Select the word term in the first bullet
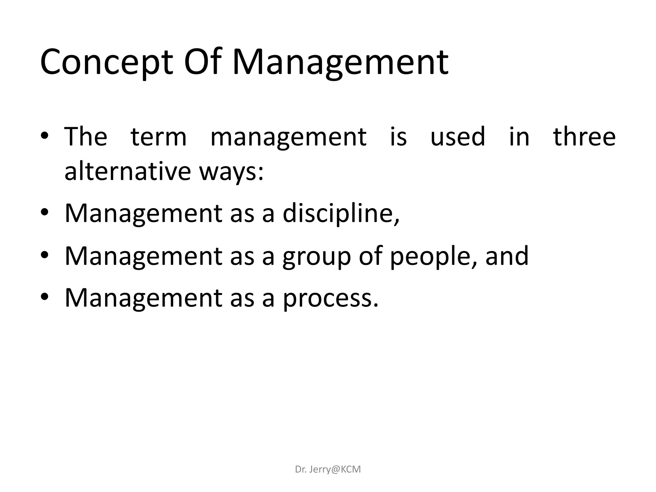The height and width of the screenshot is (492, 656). tap(159, 137)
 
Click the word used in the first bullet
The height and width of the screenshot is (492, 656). tap(457, 137)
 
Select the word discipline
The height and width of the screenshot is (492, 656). tap(340, 214)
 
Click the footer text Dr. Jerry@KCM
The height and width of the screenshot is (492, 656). tap(328, 469)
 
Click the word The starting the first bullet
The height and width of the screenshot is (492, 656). tap(86, 137)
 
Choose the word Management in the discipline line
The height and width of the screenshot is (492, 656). tap(143, 214)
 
